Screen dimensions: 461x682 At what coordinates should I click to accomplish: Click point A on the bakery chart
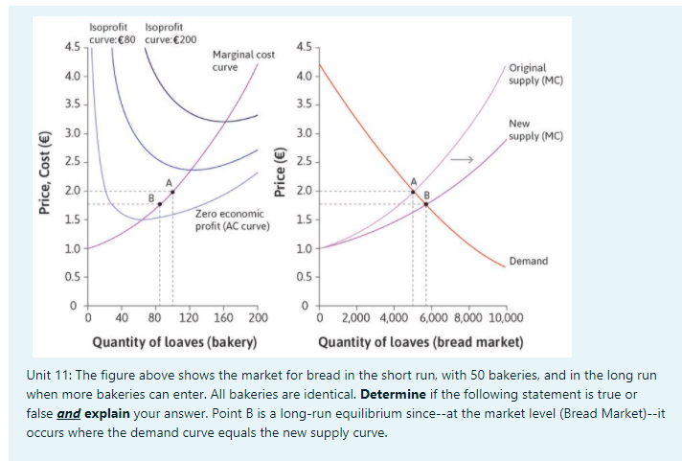click(172, 192)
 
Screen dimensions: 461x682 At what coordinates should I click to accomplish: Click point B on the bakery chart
click(159, 203)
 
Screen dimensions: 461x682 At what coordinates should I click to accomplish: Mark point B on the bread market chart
click(427, 203)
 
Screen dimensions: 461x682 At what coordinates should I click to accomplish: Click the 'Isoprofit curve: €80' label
click(105, 33)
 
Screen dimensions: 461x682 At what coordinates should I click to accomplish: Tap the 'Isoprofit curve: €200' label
click(170, 33)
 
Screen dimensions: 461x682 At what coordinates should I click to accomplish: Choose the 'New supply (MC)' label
click(535, 130)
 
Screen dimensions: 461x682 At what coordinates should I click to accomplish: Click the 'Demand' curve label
click(529, 261)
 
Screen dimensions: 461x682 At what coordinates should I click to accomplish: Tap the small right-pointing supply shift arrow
click(464, 159)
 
